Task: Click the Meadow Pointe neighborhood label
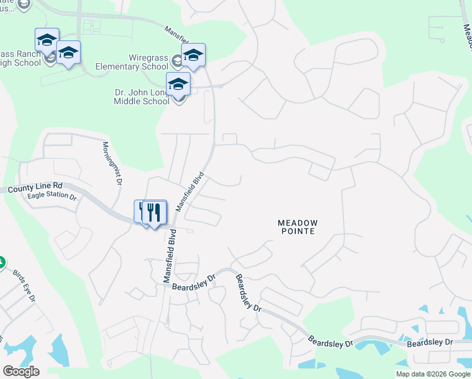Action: [x=297, y=227]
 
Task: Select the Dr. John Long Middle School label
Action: [x=142, y=96]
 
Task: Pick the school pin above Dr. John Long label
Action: [x=179, y=84]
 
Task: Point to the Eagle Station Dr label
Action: [x=52, y=196]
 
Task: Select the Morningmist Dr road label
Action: [x=112, y=162]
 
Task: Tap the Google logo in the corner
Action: [x=21, y=371]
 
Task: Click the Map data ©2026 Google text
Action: [x=433, y=374]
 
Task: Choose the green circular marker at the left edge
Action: [x=1, y=262]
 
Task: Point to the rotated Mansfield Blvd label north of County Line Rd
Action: [x=191, y=191]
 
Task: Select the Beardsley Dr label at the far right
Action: [x=430, y=342]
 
